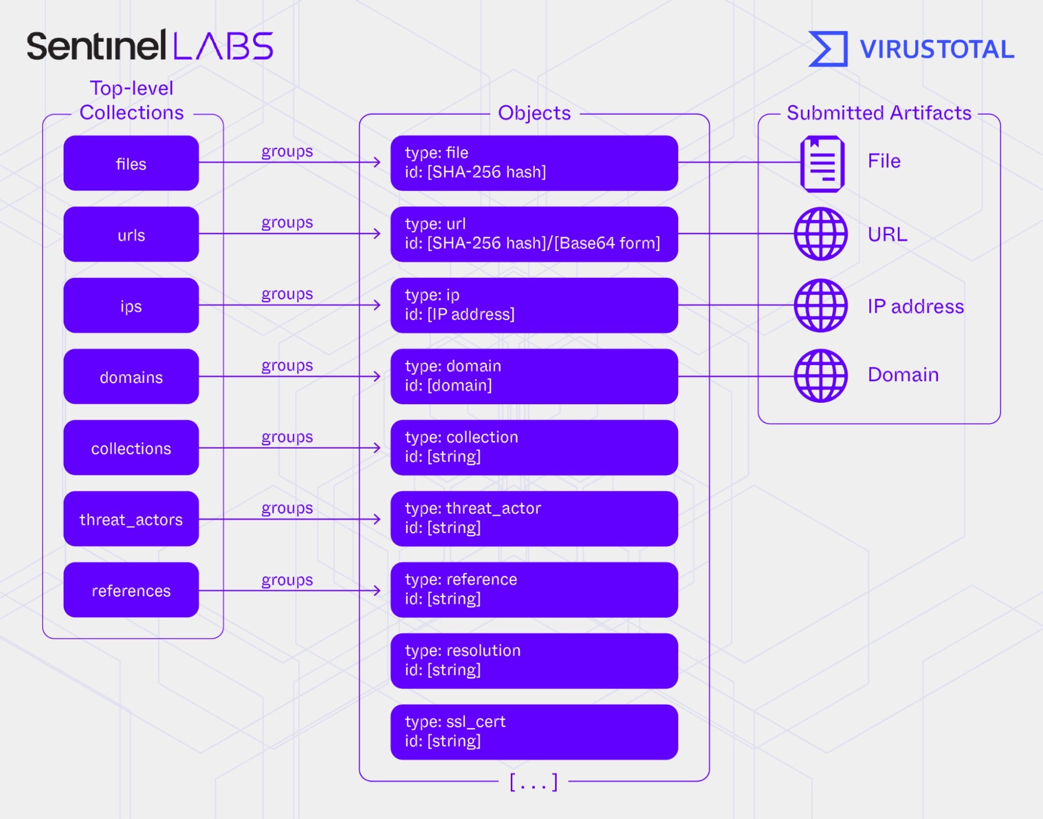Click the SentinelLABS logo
pos(150,45)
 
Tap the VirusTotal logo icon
pos(828,49)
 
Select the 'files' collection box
pos(131,163)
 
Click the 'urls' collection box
pos(131,234)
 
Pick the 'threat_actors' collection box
pos(131,519)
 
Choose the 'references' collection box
pos(131,590)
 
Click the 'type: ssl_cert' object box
pos(534,732)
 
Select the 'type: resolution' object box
pos(534,661)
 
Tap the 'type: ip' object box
pos(534,305)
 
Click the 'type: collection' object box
pos(534,448)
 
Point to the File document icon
pos(822,163)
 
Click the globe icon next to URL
pos(821,234)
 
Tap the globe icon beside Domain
pos(821,376)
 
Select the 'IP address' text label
pos(915,306)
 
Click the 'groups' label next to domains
pos(287,365)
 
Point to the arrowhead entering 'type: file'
pos(377,162)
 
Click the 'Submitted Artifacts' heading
pos(879,113)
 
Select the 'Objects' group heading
pos(534,113)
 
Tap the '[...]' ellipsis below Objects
pos(533,782)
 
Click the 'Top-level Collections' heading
pos(131,100)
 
